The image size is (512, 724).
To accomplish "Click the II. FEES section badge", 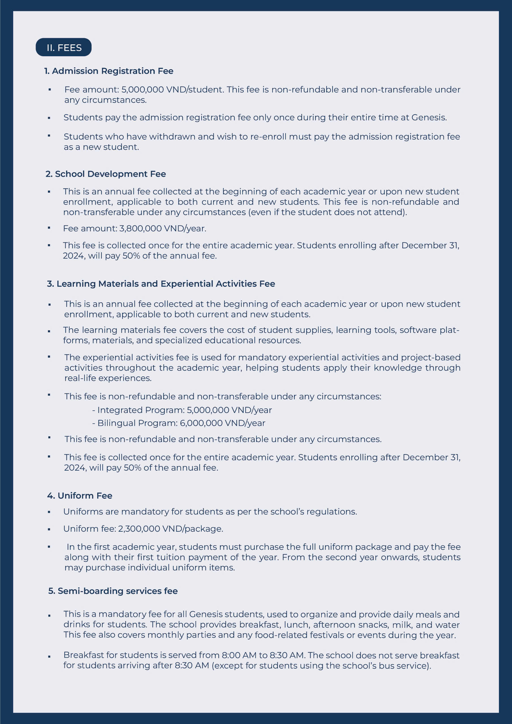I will point(64,47).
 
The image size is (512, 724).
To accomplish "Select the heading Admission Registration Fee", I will point(109,71).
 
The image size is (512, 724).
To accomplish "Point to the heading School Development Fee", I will point(106,174).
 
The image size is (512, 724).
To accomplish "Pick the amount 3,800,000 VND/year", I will point(162,228).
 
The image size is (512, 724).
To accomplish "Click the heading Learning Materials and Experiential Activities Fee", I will point(161,284).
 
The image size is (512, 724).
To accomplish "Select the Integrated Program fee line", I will point(182,410).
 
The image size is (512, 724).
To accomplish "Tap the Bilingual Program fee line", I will point(179,423).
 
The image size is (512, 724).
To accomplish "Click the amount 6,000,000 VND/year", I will point(222,423).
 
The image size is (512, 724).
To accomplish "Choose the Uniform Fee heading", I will point(80,496).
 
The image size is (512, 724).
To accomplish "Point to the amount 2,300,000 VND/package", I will point(170,529).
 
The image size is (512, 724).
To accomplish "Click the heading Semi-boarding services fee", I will point(113,591).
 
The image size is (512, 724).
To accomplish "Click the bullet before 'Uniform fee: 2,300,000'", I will point(49,529).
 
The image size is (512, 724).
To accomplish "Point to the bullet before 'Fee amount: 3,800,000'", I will point(49,228).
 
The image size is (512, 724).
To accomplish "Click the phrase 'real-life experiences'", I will point(108,378).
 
